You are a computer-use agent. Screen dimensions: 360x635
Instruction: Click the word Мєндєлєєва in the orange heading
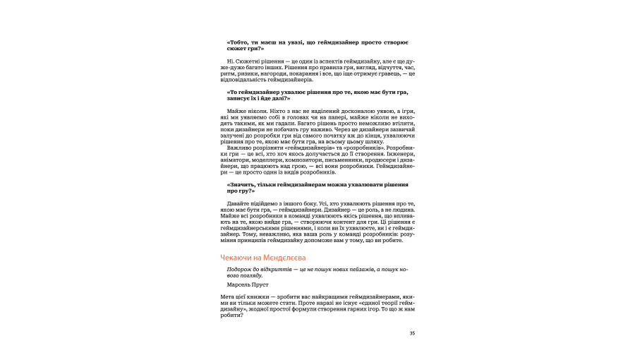click(280, 258)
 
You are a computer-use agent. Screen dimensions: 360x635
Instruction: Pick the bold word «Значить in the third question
click(243, 184)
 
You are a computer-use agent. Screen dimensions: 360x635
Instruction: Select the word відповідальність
click(244, 80)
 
